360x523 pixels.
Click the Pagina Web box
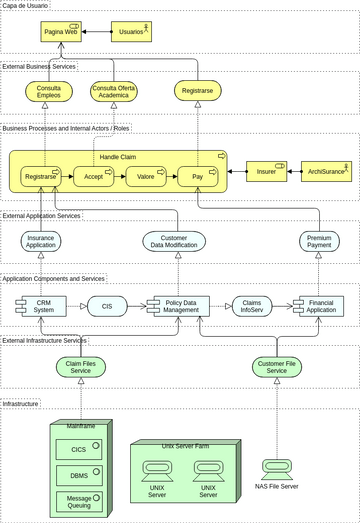[61, 32]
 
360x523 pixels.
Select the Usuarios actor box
[131, 32]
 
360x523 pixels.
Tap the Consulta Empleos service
[48, 92]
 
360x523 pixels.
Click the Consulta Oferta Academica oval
[114, 92]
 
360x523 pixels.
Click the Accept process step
[93, 177]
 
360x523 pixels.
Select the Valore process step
[146, 177]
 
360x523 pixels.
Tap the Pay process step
[198, 177]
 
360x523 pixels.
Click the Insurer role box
[267, 172]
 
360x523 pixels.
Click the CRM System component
[42, 307]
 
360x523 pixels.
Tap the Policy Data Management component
[180, 307]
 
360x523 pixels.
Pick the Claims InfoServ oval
[252, 307]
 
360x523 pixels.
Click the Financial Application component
[320, 307]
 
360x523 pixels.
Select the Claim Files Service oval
[80, 367]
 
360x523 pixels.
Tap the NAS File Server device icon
[276, 468]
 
